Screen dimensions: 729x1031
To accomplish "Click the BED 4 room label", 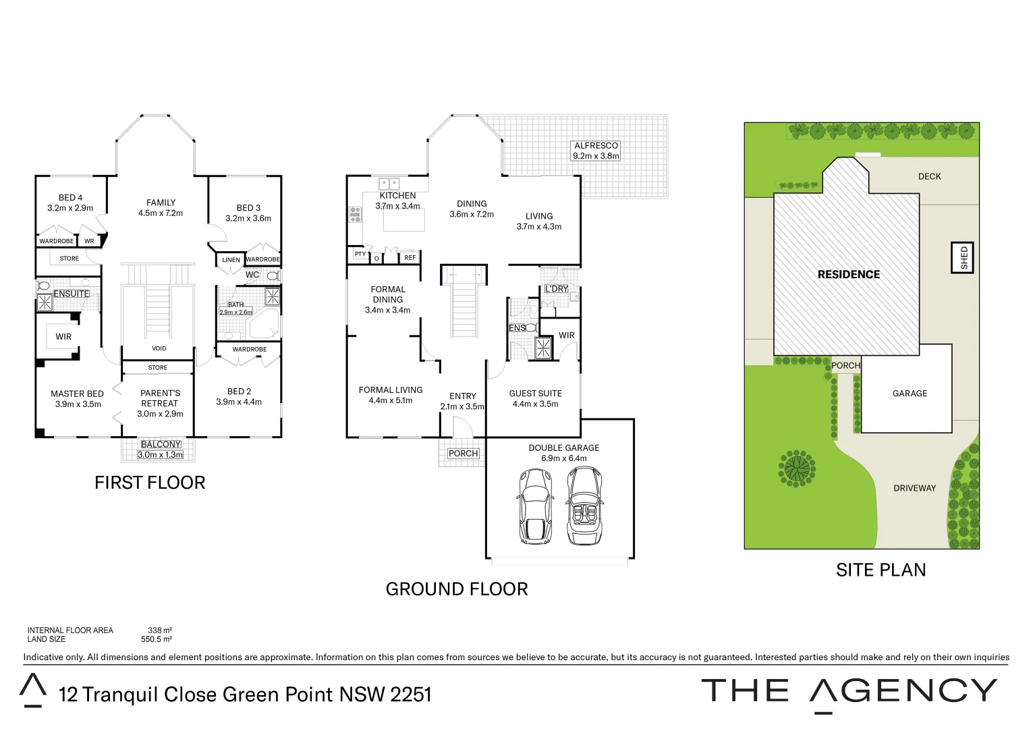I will (x=70, y=198).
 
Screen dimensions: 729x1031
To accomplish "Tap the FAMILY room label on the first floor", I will (x=161, y=202).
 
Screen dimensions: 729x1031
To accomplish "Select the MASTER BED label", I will (x=77, y=394).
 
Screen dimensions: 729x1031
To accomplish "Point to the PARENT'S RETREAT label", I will (x=160, y=398).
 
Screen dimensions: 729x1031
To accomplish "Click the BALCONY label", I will (x=161, y=444).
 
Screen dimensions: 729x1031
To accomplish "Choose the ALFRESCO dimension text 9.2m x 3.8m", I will (x=596, y=156).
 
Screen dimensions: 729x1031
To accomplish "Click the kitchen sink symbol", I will (x=389, y=183).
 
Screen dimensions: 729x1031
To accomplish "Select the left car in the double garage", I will (x=535, y=506).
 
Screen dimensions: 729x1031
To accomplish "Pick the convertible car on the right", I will (x=584, y=506).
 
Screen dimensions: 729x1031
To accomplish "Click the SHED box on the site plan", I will (x=964, y=257).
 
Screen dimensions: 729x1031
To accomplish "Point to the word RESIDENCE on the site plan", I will (x=848, y=275).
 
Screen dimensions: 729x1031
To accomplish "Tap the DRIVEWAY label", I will (x=914, y=488).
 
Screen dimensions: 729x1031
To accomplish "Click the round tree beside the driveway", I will (x=797, y=468).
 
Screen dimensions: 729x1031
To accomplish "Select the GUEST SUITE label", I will (x=535, y=394).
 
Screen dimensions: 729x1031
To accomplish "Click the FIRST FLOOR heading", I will (x=150, y=483).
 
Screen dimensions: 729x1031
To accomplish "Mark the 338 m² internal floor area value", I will (x=160, y=630).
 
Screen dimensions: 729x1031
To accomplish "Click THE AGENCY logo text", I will (x=849, y=691).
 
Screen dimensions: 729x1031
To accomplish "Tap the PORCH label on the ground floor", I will (x=463, y=454).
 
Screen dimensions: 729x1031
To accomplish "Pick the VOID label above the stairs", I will (x=159, y=349).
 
